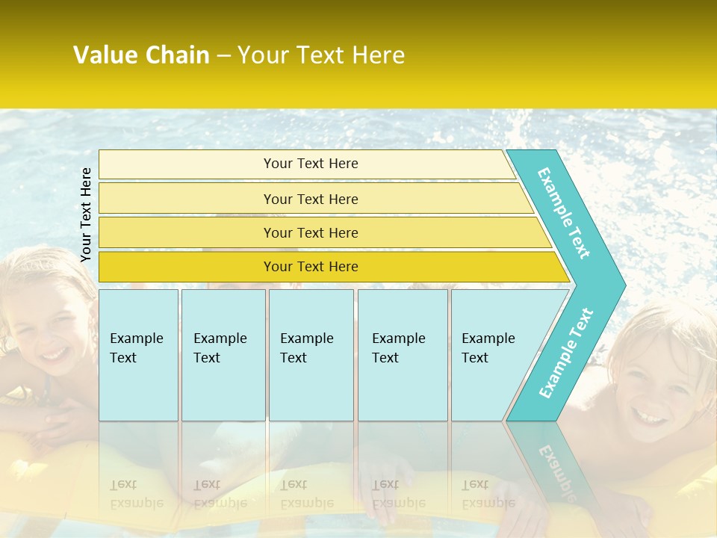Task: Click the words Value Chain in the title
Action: coord(141,55)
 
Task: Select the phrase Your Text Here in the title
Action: coord(321,55)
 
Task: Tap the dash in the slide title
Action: coord(223,56)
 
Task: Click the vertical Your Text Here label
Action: coord(86,214)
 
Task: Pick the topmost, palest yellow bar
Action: coord(310,164)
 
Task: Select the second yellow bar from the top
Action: coord(310,199)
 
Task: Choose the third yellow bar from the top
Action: coord(310,232)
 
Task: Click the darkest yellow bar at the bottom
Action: coord(310,267)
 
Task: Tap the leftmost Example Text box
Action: coord(138,355)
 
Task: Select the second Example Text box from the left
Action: coord(223,355)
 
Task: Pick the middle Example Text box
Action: coord(311,355)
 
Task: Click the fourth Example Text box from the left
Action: coord(402,355)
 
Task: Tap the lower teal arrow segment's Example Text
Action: coord(565,353)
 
